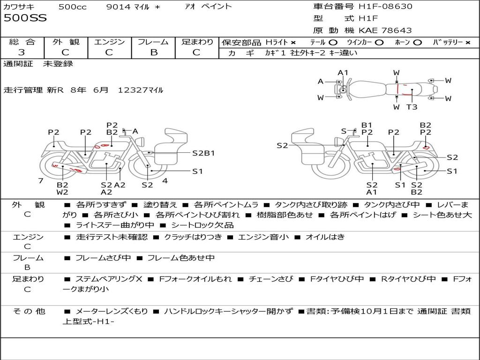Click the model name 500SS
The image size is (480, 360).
tap(25, 18)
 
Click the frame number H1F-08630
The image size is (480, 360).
tap(385, 6)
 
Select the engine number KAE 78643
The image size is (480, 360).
tap(385, 30)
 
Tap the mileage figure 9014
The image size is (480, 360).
tap(118, 7)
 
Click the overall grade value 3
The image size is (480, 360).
tap(22, 52)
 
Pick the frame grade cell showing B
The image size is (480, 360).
tap(154, 52)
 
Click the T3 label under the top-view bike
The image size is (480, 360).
tap(412, 107)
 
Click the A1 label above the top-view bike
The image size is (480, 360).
tap(343, 73)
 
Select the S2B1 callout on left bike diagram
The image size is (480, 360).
tap(203, 153)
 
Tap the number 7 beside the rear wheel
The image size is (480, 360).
tap(41, 181)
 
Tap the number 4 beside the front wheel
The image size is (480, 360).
tap(165, 181)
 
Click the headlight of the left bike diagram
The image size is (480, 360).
tap(141, 142)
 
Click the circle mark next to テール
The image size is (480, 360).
tap(333, 43)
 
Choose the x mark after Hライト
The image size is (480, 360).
tap(293, 43)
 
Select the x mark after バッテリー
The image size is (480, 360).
tap(468, 43)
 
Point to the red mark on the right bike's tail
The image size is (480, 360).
tap(426, 148)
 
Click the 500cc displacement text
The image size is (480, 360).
tap(73, 7)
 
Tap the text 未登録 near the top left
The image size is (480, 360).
tap(58, 64)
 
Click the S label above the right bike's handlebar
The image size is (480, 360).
tap(344, 131)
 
